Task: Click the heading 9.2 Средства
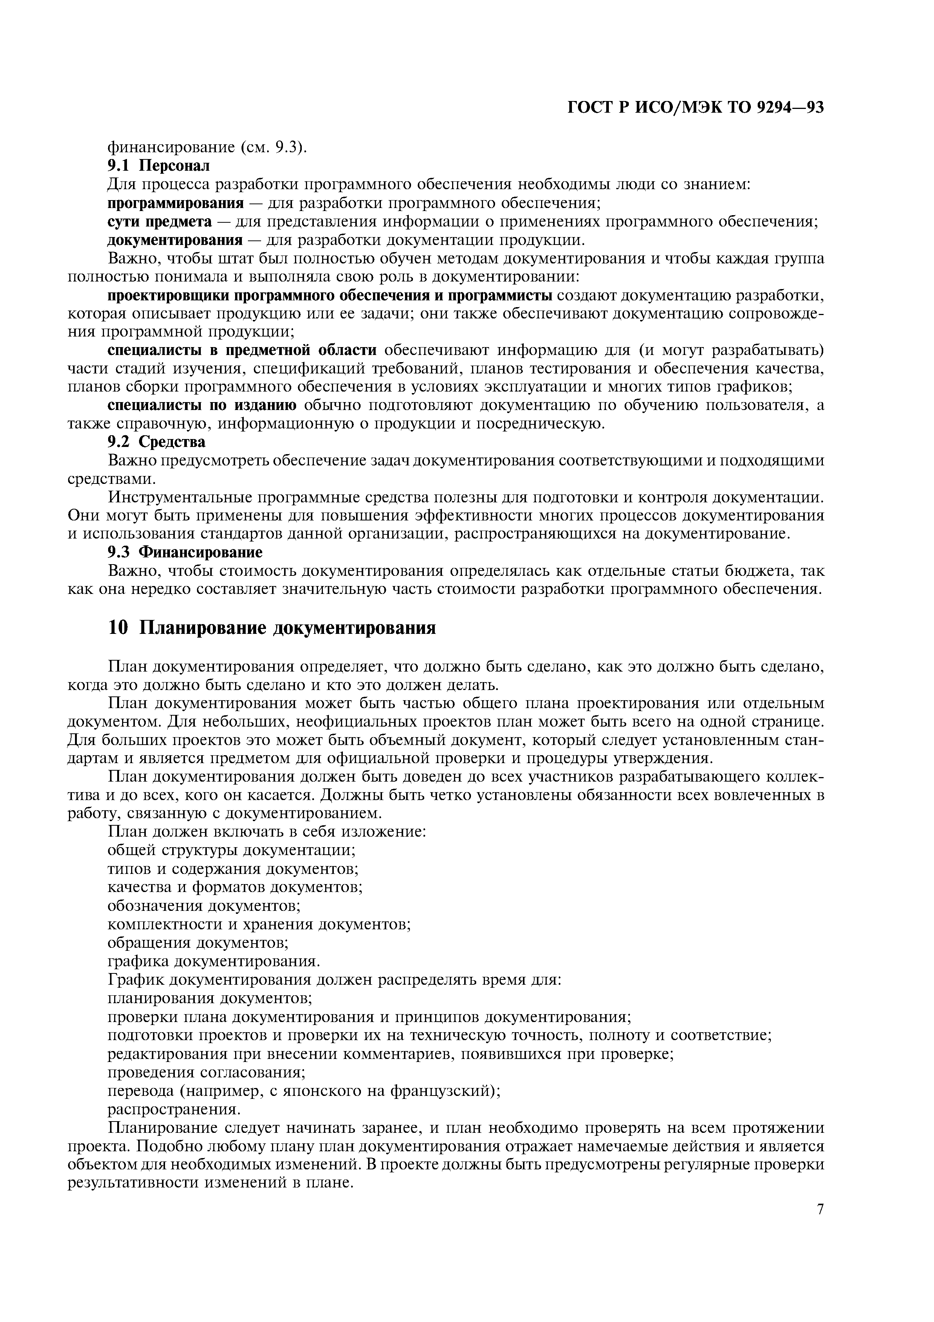coord(156,442)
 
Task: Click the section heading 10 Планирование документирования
coord(272,627)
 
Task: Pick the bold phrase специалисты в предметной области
coord(242,350)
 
